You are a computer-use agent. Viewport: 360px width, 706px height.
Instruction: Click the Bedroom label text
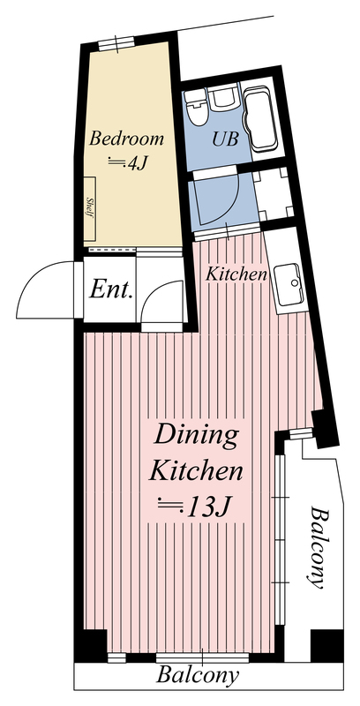(x=126, y=139)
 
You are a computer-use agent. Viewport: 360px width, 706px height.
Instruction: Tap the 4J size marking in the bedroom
(x=128, y=163)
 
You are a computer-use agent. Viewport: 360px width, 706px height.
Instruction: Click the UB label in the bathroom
(x=225, y=139)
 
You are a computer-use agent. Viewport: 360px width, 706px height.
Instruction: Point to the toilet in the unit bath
(x=197, y=106)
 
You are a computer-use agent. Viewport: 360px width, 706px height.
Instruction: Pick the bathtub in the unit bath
(x=260, y=118)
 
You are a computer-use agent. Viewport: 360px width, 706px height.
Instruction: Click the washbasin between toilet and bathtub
(x=224, y=97)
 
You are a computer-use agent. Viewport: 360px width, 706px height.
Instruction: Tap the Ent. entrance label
(x=111, y=290)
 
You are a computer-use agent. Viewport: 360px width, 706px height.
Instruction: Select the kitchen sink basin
(x=288, y=286)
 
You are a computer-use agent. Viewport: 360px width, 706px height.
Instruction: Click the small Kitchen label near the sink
(x=236, y=274)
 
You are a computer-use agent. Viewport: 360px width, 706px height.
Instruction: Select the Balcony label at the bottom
(x=198, y=675)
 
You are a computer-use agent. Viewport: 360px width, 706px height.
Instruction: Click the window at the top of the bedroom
(x=116, y=43)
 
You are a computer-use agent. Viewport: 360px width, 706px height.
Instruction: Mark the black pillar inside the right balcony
(x=327, y=646)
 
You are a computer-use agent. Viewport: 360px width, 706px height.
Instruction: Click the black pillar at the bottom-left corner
(x=92, y=646)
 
